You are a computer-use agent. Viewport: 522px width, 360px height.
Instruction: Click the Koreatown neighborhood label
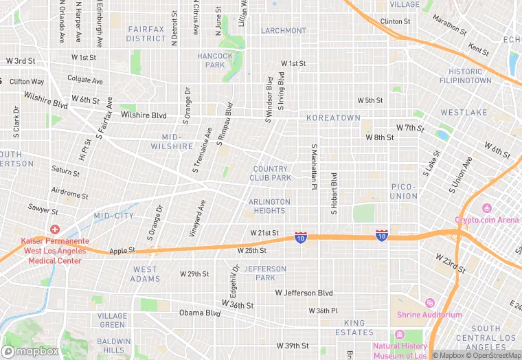point(333,118)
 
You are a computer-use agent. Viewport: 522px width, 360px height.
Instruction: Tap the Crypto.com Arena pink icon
point(487,208)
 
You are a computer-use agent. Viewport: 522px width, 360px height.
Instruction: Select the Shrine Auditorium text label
point(429,315)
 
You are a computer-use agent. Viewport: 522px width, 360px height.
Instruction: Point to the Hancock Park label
point(215,60)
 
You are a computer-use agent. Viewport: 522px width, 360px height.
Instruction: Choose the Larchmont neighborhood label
point(284,31)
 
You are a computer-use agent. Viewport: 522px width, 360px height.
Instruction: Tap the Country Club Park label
point(271,173)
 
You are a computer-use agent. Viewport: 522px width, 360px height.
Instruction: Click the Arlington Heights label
point(269,206)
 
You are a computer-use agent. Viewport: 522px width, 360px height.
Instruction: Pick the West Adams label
point(145,274)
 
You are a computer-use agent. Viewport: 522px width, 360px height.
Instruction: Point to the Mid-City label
point(114,216)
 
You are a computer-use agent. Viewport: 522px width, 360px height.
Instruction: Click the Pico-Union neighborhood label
point(404,191)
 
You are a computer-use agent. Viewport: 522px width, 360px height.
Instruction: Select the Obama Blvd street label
point(200,313)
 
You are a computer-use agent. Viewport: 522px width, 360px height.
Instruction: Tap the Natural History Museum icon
point(400,335)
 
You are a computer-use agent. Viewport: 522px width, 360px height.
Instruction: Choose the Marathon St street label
point(450,27)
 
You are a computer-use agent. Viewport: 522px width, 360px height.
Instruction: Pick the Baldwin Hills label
point(113,346)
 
